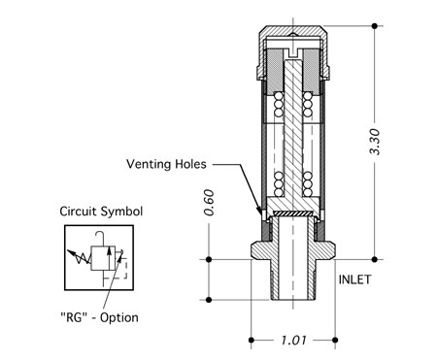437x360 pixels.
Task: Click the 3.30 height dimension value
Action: coord(375,142)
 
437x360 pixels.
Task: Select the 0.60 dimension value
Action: coord(209,203)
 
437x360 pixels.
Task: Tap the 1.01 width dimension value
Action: coord(293,341)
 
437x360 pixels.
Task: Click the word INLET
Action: coord(354,279)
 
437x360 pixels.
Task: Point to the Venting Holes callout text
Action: coord(166,164)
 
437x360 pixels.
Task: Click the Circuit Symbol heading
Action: coord(101,212)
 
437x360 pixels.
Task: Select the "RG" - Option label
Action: coord(99,317)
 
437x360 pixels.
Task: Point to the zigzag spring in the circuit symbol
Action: coord(79,256)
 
